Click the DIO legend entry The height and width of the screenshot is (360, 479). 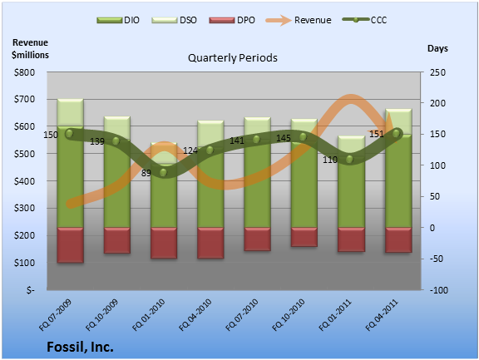click(x=118, y=20)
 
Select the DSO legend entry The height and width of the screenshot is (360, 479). click(x=174, y=20)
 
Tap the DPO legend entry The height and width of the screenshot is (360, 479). click(x=232, y=20)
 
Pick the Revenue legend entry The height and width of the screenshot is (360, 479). click(x=299, y=20)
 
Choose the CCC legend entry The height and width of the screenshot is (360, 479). click(x=364, y=20)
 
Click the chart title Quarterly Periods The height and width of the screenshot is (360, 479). click(x=233, y=57)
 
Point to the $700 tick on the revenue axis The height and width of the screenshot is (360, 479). click(x=24, y=99)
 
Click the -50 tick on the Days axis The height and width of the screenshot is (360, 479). click(x=437, y=259)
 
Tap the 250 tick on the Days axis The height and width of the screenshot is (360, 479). click(x=437, y=72)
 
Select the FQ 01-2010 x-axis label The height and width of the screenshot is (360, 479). click(x=149, y=315)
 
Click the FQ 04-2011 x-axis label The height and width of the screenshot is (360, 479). click(x=382, y=315)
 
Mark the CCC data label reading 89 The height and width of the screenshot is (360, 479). click(x=146, y=173)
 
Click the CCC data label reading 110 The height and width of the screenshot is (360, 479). click(x=330, y=160)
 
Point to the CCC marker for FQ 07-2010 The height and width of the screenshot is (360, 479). click(x=257, y=139)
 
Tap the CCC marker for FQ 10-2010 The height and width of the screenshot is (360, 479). click(x=303, y=137)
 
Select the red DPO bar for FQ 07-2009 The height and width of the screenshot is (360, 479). click(x=70, y=245)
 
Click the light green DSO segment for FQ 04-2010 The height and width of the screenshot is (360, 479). click(x=210, y=134)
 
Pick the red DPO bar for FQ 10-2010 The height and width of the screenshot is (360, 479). click(x=304, y=237)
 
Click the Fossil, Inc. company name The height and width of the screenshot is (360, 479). click(x=80, y=347)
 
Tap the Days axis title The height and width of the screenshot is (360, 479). click(x=437, y=48)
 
